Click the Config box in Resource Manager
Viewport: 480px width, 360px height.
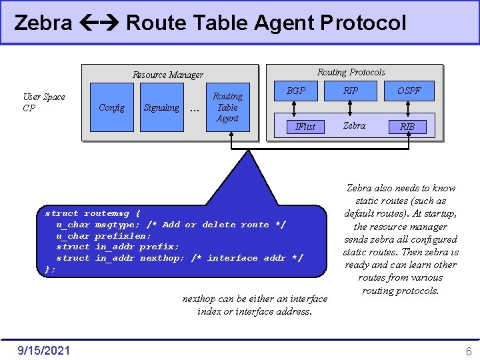(x=111, y=107)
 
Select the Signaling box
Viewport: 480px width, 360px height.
(x=161, y=107)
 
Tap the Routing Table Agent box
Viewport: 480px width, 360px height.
(x=227, y=107)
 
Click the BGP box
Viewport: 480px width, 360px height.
(x=295, y=90)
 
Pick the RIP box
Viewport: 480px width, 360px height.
(x=351, y=90)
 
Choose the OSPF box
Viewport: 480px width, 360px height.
(x=409, y=90)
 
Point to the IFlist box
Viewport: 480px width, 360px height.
(x=305, y=126)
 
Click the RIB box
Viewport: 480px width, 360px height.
(x=407, y=126)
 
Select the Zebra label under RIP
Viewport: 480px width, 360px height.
(x=354, y=125)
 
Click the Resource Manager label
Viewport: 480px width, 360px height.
(x=168, y=75)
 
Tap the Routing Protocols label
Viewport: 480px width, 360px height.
(x=351, y=72)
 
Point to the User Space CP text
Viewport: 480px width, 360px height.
(x=43, y=102)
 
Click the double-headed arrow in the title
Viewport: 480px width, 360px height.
(x=99, y=23)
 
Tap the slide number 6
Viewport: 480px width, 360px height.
(x=469, y=351)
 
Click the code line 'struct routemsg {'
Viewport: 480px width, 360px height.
(x=93, y=213)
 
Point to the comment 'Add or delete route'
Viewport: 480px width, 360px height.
(x=215, y=225)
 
